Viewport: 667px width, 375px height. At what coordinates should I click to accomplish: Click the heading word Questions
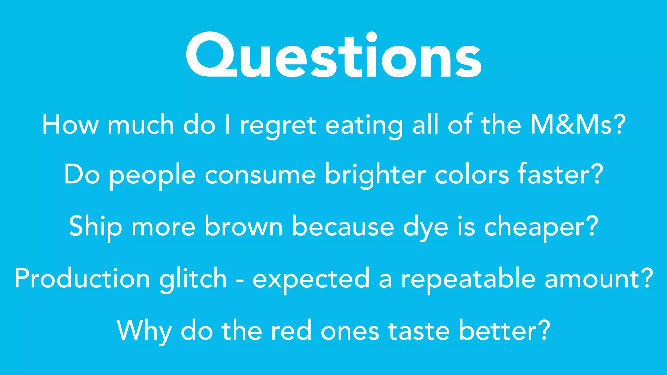tap(333, 55)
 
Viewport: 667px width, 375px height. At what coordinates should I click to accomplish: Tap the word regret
tap(278, 126)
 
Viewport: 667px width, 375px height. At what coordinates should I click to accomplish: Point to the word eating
tap(364, 126)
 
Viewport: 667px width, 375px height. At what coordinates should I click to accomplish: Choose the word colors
tap(472, 175)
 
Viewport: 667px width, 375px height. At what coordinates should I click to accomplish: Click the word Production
tap(82, 279)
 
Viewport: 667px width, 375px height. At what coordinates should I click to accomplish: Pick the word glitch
tap(193, 279)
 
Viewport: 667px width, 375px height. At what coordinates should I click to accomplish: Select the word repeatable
tap(468, 279)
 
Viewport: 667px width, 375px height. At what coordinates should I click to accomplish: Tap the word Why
tap(144, 331)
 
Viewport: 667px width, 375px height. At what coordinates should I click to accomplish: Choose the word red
tap(291, 330)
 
